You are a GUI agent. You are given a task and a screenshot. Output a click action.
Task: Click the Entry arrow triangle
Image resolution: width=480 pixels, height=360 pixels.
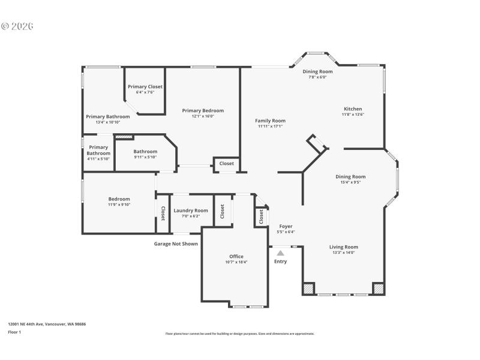280,253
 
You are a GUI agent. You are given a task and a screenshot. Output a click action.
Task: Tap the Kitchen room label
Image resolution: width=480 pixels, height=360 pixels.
353,109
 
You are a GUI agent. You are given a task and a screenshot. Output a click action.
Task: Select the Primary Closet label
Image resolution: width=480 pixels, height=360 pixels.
145,86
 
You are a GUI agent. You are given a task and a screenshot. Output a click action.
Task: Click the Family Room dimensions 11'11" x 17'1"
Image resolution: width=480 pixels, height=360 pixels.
270,126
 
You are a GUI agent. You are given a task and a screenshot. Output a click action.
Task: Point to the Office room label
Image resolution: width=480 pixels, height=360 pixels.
236,256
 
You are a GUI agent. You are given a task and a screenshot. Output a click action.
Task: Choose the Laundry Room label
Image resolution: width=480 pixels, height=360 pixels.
191,211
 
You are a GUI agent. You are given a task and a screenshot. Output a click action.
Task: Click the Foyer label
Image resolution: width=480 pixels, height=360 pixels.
286,226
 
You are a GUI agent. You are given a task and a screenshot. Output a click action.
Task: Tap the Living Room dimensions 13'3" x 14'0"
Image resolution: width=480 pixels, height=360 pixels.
343,253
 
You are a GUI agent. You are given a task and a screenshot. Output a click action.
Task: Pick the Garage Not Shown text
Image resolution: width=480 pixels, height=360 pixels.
176,244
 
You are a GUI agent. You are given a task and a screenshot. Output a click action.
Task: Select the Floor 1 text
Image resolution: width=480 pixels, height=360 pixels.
14,332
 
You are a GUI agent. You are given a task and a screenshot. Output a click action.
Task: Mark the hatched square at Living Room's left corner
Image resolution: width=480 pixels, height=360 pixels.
308,289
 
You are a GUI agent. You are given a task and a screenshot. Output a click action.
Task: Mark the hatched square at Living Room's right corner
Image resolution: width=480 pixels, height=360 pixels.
379,289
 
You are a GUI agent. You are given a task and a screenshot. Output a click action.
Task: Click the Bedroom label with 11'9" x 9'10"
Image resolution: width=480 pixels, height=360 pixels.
119,199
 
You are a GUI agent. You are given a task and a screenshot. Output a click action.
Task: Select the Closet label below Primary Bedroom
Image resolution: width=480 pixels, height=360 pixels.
226,163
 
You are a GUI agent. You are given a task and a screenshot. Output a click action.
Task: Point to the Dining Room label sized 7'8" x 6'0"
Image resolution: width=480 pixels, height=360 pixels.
317,71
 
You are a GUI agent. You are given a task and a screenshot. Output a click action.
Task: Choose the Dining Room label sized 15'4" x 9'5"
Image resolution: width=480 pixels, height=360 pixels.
350,176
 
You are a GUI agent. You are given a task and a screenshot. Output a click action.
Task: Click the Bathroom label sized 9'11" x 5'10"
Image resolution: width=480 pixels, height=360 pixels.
145,151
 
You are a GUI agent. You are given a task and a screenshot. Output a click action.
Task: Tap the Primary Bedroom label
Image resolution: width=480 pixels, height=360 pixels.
203,110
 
